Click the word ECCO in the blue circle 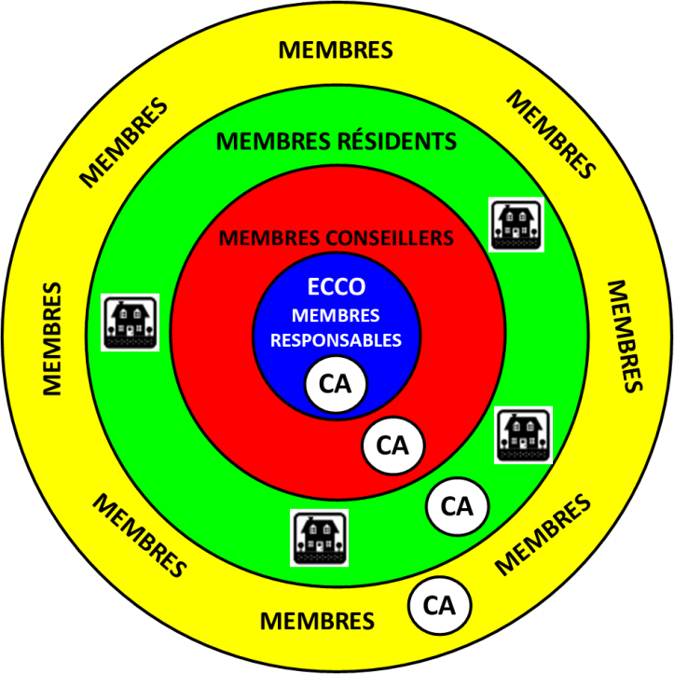[336, 288]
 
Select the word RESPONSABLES [336, 340]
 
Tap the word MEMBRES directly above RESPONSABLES [337, 316]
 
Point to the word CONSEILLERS [393, 239]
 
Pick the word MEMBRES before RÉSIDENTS [273, 143]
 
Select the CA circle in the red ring [392, 446]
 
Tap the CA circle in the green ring [457, 507]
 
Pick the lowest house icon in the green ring [320, 537]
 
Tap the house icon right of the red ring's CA [522, 434]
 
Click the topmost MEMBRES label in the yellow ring [336, 49]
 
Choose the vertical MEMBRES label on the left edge [51, 337]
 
